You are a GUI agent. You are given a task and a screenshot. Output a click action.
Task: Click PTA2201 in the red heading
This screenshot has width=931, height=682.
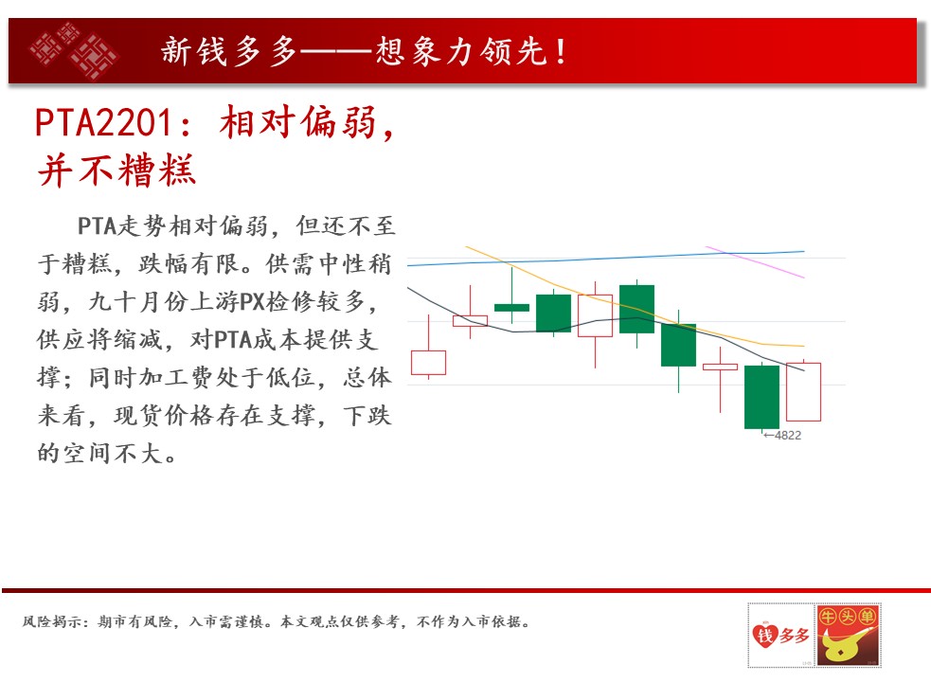[104, 123]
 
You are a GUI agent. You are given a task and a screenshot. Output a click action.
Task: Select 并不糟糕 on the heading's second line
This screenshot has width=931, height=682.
[117, 170]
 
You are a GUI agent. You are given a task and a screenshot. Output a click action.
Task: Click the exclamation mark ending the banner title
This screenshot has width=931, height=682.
[561, 51]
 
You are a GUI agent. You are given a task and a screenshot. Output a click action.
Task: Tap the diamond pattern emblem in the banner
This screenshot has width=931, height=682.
[74, 51]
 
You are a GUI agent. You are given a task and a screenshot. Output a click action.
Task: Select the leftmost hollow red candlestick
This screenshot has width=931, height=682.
[429, 363]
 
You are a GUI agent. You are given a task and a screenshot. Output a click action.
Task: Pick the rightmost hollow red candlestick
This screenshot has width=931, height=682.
[803, 392]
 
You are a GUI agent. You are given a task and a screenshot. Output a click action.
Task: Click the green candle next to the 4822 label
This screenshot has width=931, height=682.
[761, 397]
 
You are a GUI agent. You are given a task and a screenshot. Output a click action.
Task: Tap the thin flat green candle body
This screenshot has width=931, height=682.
[511, 308]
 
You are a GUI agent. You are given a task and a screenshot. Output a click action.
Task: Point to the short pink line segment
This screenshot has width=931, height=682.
[755, 262]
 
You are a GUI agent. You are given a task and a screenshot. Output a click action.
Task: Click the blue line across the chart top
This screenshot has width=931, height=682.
[605, 259]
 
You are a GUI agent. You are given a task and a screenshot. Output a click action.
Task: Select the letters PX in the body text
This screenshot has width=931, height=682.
[252, 302]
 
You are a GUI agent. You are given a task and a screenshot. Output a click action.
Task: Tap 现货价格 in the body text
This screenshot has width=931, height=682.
[164, 416]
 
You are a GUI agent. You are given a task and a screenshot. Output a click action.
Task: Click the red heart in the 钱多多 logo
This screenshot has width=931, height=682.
[764, 635]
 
